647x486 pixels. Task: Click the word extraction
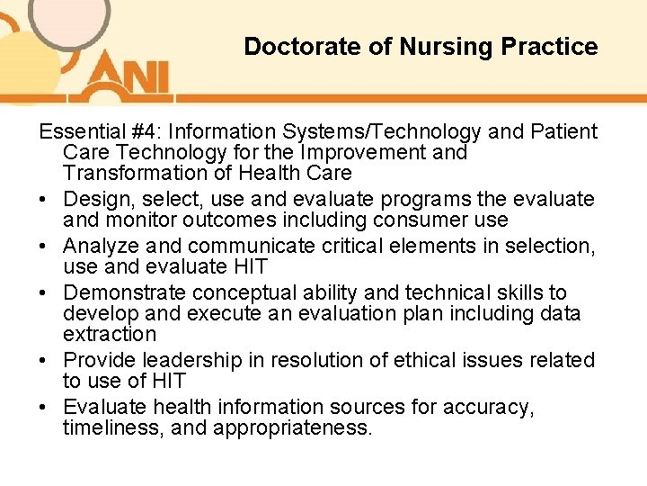coord(110,334)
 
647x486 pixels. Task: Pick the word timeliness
coord(113,427)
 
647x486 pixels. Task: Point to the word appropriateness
coord(292,428)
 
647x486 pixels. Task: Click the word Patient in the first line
coord(563,132)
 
